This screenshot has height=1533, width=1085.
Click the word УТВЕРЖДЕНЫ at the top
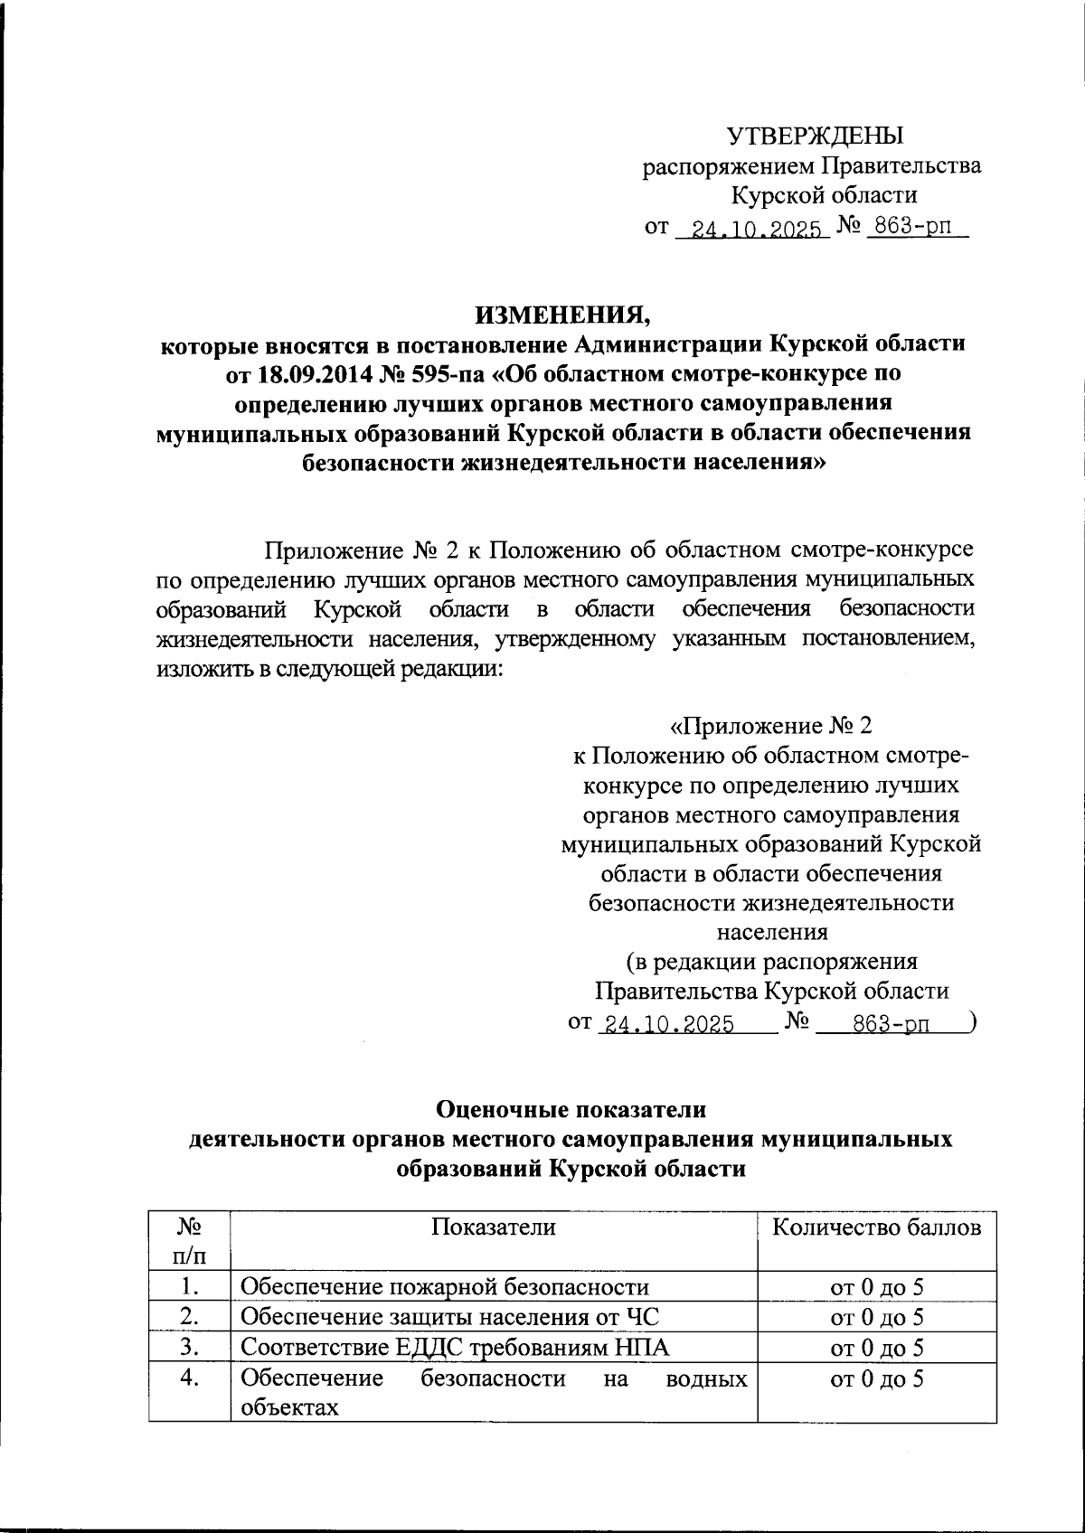pyautogui.click(x=816, y=136)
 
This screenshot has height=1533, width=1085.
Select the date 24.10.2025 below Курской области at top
pyautogui.click(x=752, y=228)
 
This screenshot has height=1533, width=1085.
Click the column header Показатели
pyautogui.click(x=493, y=1227)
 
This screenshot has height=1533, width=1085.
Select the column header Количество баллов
pyautogui.click(x=876, y=1227)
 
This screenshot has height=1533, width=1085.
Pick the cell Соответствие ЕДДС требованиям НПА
pyautogui.click(x=455, y=1348)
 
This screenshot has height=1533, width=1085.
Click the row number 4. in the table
pyautogui.click(x=189, y=1379)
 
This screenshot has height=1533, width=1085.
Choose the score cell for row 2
pyautogui.click(x=876, y=1318)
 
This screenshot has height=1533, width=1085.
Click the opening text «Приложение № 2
pyautogui.click(x=770, y=727)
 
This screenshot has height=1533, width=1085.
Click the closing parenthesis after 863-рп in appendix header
pyautogui.click(x=970, y=1022)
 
